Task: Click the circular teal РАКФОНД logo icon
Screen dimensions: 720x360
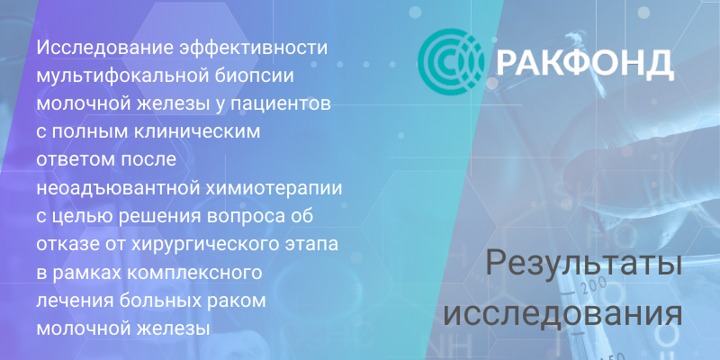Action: tap(451, 62)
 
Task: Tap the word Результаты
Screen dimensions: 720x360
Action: tap(583, 265)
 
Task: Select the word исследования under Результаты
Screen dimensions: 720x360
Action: tap(563, 313)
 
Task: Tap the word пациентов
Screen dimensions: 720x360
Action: tap(281, 104)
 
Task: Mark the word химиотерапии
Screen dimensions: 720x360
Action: tap(277, 189)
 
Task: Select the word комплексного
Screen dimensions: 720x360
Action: tap(193, 273)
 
